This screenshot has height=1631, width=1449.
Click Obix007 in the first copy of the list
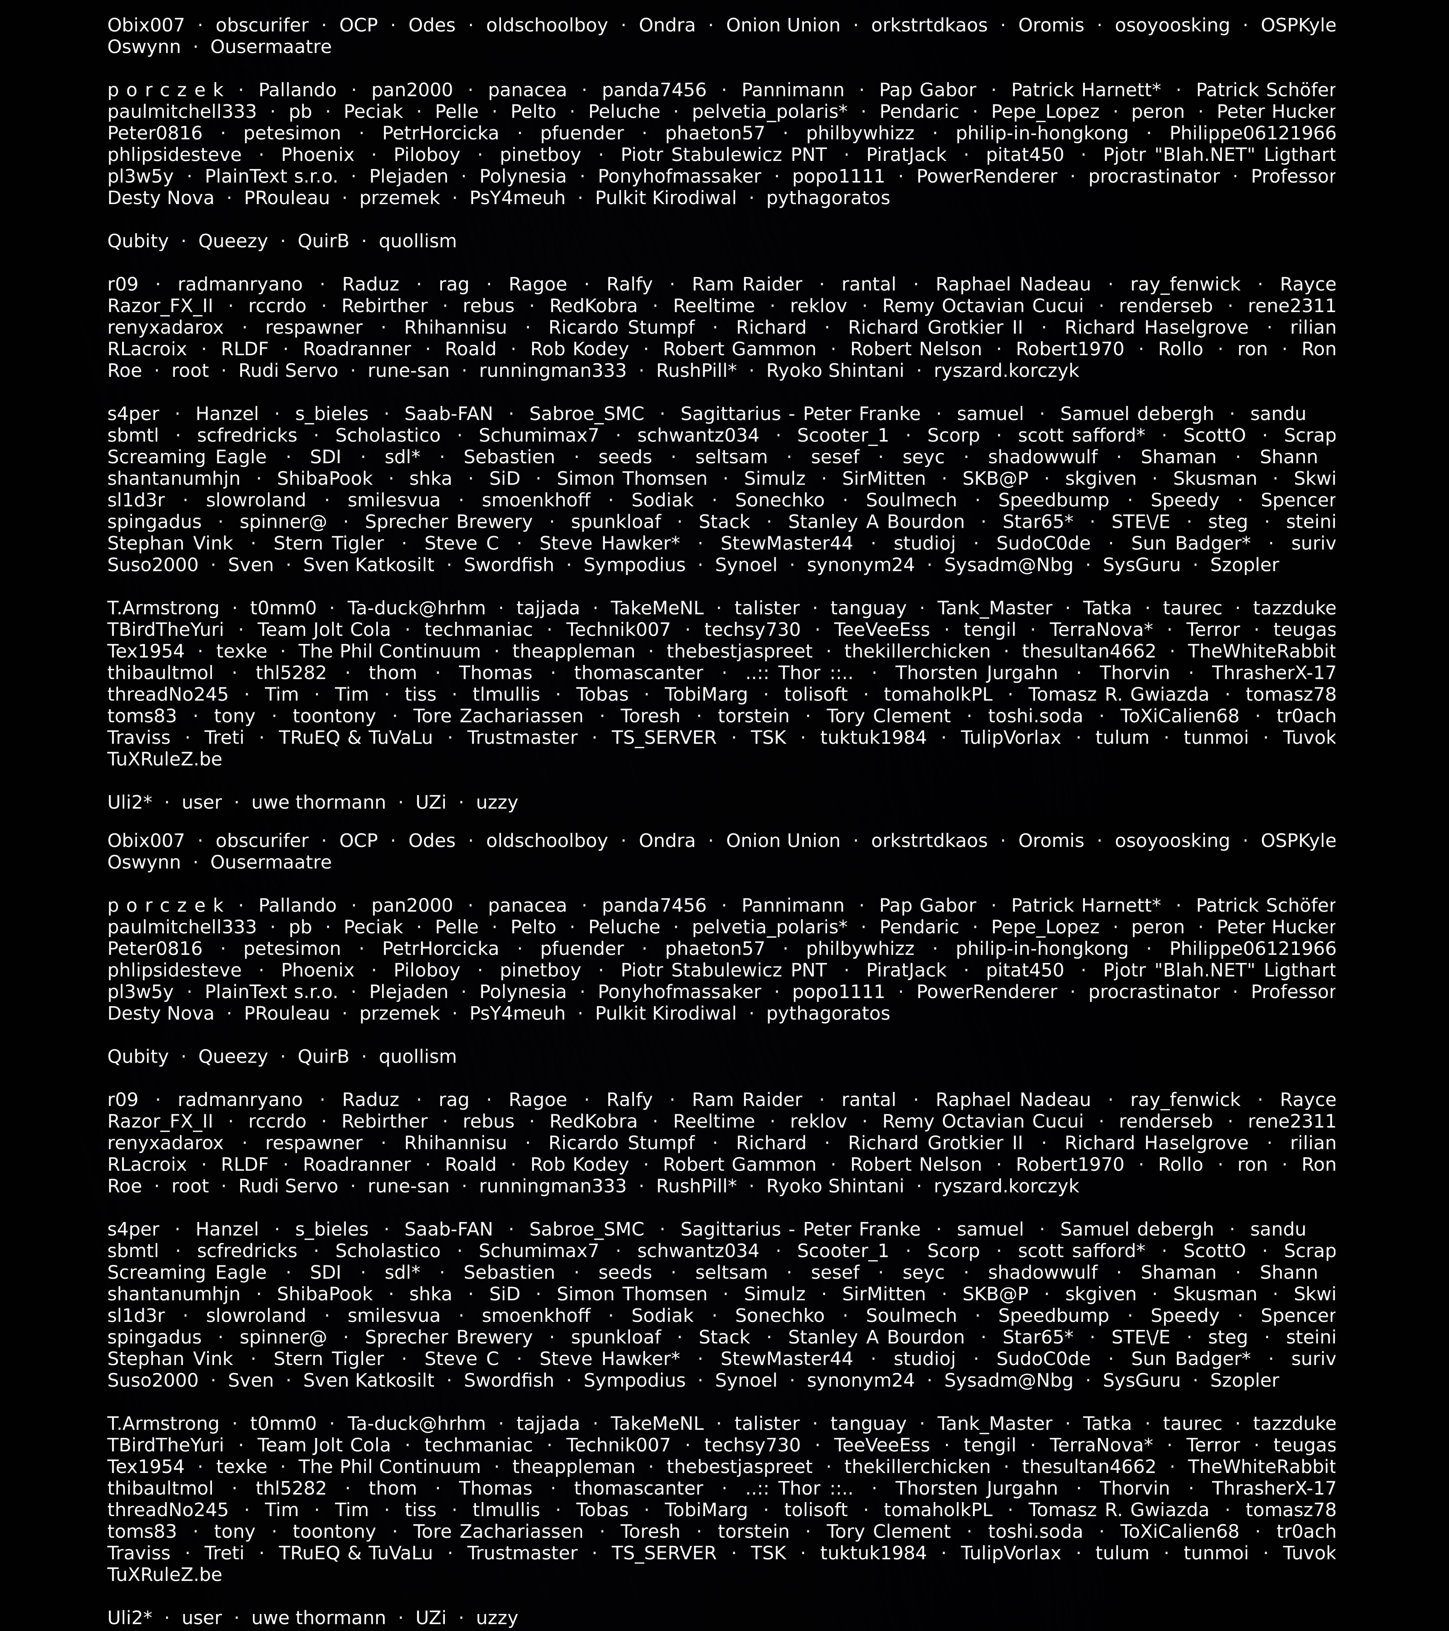click(146, 25)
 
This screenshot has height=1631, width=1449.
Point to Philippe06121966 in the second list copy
click(1252, 949)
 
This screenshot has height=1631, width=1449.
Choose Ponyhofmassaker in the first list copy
click(680, 177)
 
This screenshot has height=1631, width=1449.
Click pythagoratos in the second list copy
click(828, 1013)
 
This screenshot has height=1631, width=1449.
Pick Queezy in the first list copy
click(233, 241)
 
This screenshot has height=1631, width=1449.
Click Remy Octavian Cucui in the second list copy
click(982, 1121)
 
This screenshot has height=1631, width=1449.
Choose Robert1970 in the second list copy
click(1069, 1164)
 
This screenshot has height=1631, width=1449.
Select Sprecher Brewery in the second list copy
click(448, 1337)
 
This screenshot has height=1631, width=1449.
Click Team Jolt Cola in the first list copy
click(324, 630)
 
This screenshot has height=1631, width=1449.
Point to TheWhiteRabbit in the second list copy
click(1262, 1466)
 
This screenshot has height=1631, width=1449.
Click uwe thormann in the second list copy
click(318, 1618)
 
